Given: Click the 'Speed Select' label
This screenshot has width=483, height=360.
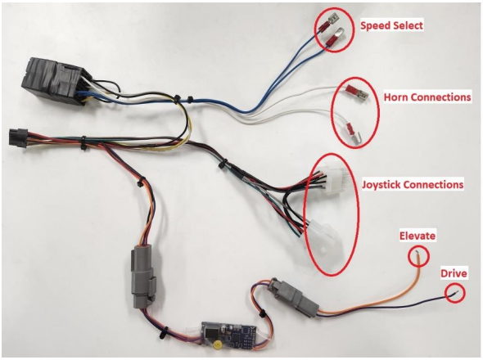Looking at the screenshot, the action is [391, 25].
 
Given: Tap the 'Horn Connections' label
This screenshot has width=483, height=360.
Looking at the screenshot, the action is [427, 97].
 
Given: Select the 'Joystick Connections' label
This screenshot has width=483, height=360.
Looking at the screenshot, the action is [413, 184].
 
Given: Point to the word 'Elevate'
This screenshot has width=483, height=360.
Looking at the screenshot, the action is [418, 236].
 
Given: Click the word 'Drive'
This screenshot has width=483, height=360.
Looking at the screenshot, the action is [454, 273].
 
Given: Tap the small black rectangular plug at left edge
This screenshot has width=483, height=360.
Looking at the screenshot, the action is [18, 137].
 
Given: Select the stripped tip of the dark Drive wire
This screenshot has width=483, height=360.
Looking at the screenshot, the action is [456, 294].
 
